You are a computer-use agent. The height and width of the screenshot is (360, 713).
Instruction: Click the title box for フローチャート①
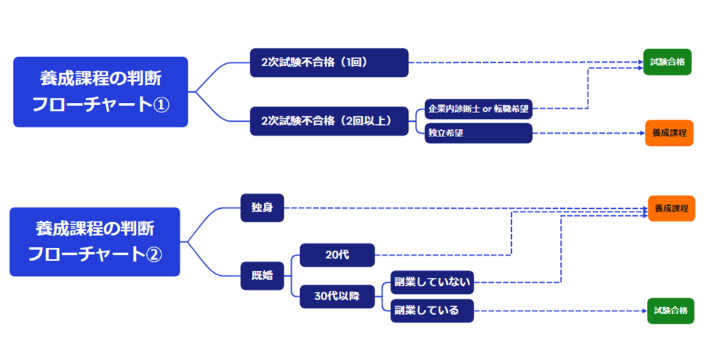coord(100,91)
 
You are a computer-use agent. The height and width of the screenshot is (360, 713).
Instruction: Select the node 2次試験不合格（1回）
coord(329,62)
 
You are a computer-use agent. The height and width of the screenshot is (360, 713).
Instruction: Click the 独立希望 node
coord(478,133)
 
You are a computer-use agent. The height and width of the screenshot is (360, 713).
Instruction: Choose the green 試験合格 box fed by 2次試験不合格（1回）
coord(667,62)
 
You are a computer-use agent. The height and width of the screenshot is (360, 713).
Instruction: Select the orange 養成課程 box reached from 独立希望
coord(668,132)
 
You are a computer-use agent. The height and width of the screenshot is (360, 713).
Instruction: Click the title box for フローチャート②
coord(95,242)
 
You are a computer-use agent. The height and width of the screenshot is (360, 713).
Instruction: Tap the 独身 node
coord(262,208)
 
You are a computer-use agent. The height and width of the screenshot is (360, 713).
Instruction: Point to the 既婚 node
coord(262,275)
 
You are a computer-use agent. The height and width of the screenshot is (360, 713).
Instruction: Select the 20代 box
coord(337,255)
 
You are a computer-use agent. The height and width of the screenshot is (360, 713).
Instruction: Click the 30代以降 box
coord(337,297)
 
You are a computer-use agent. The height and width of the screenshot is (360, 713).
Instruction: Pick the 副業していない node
coord(432,282)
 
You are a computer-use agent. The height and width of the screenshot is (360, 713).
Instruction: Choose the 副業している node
coord(432,311)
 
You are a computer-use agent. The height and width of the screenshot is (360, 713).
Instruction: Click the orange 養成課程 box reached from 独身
coord(671,208)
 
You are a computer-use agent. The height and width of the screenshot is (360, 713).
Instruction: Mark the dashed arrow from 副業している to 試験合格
coord(557,311)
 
